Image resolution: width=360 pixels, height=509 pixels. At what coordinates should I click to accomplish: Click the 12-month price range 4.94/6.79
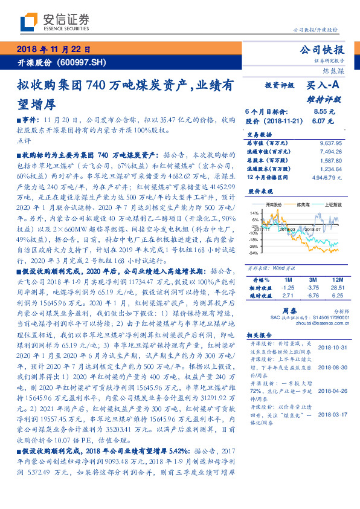click(x=327, y=178)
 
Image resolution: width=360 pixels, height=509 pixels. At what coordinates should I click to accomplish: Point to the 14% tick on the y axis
click(x=254, y=213)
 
